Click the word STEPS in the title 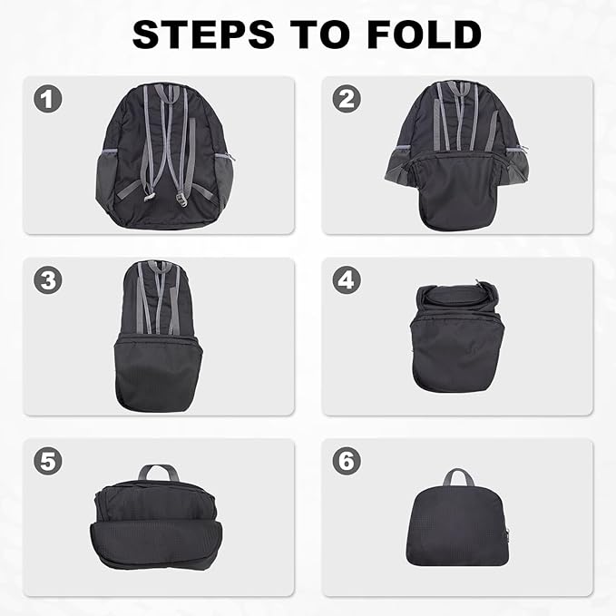coord(203,34)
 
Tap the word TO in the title coord(319,34)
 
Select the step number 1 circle coord(48,99)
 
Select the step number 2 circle coord(347,99)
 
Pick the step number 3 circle coord(48,279)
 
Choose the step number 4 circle coord(347,279)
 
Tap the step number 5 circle coord(48,461)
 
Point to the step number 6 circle coord(347,461)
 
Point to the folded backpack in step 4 coord(456,337)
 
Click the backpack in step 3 coord(158,336)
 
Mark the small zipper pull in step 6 coord(507,534)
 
